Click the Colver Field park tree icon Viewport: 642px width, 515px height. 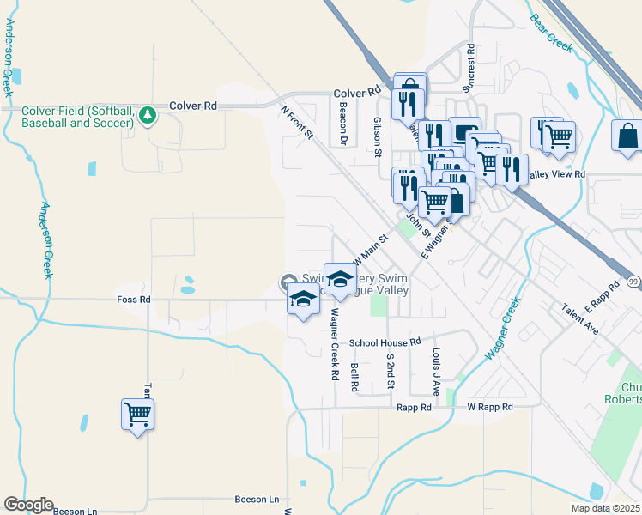(x=148, y=115)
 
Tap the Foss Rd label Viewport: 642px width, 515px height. (x=133, y=300)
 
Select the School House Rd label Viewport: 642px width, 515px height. (x=385, y=342)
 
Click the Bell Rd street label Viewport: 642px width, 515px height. (x=354, y=376)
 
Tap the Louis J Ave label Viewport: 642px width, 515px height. (x=436, y=372)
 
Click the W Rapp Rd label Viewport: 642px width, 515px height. (x=489, y=407)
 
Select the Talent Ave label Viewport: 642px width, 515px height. (x=580, y=318)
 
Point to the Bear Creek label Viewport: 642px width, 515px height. (x=550, y=33)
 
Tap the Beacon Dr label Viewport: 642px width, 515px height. (x=342, y=124)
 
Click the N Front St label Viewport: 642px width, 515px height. (x=298, y=123)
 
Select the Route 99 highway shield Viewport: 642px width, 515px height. (x=633, y=282)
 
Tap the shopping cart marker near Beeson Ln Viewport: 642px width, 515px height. (x=137, y=415)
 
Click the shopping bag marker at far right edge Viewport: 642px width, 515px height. (x=627, y=136)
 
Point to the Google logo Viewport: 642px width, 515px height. (x=28, y=505)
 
